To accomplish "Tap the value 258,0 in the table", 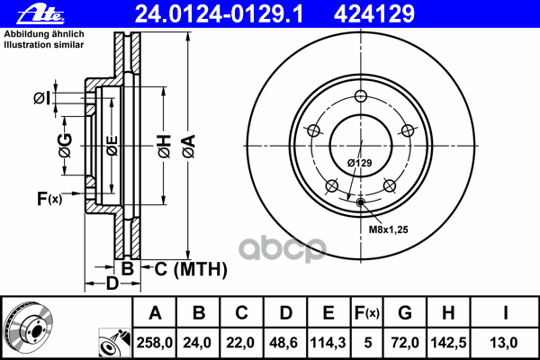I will [155, 341].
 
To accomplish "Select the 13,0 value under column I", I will [507, 341].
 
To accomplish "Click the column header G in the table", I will [404, 313].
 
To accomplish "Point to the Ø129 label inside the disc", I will [360, 162].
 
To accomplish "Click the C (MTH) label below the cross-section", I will [185, 268].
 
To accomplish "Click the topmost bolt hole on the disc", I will [360, 97].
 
